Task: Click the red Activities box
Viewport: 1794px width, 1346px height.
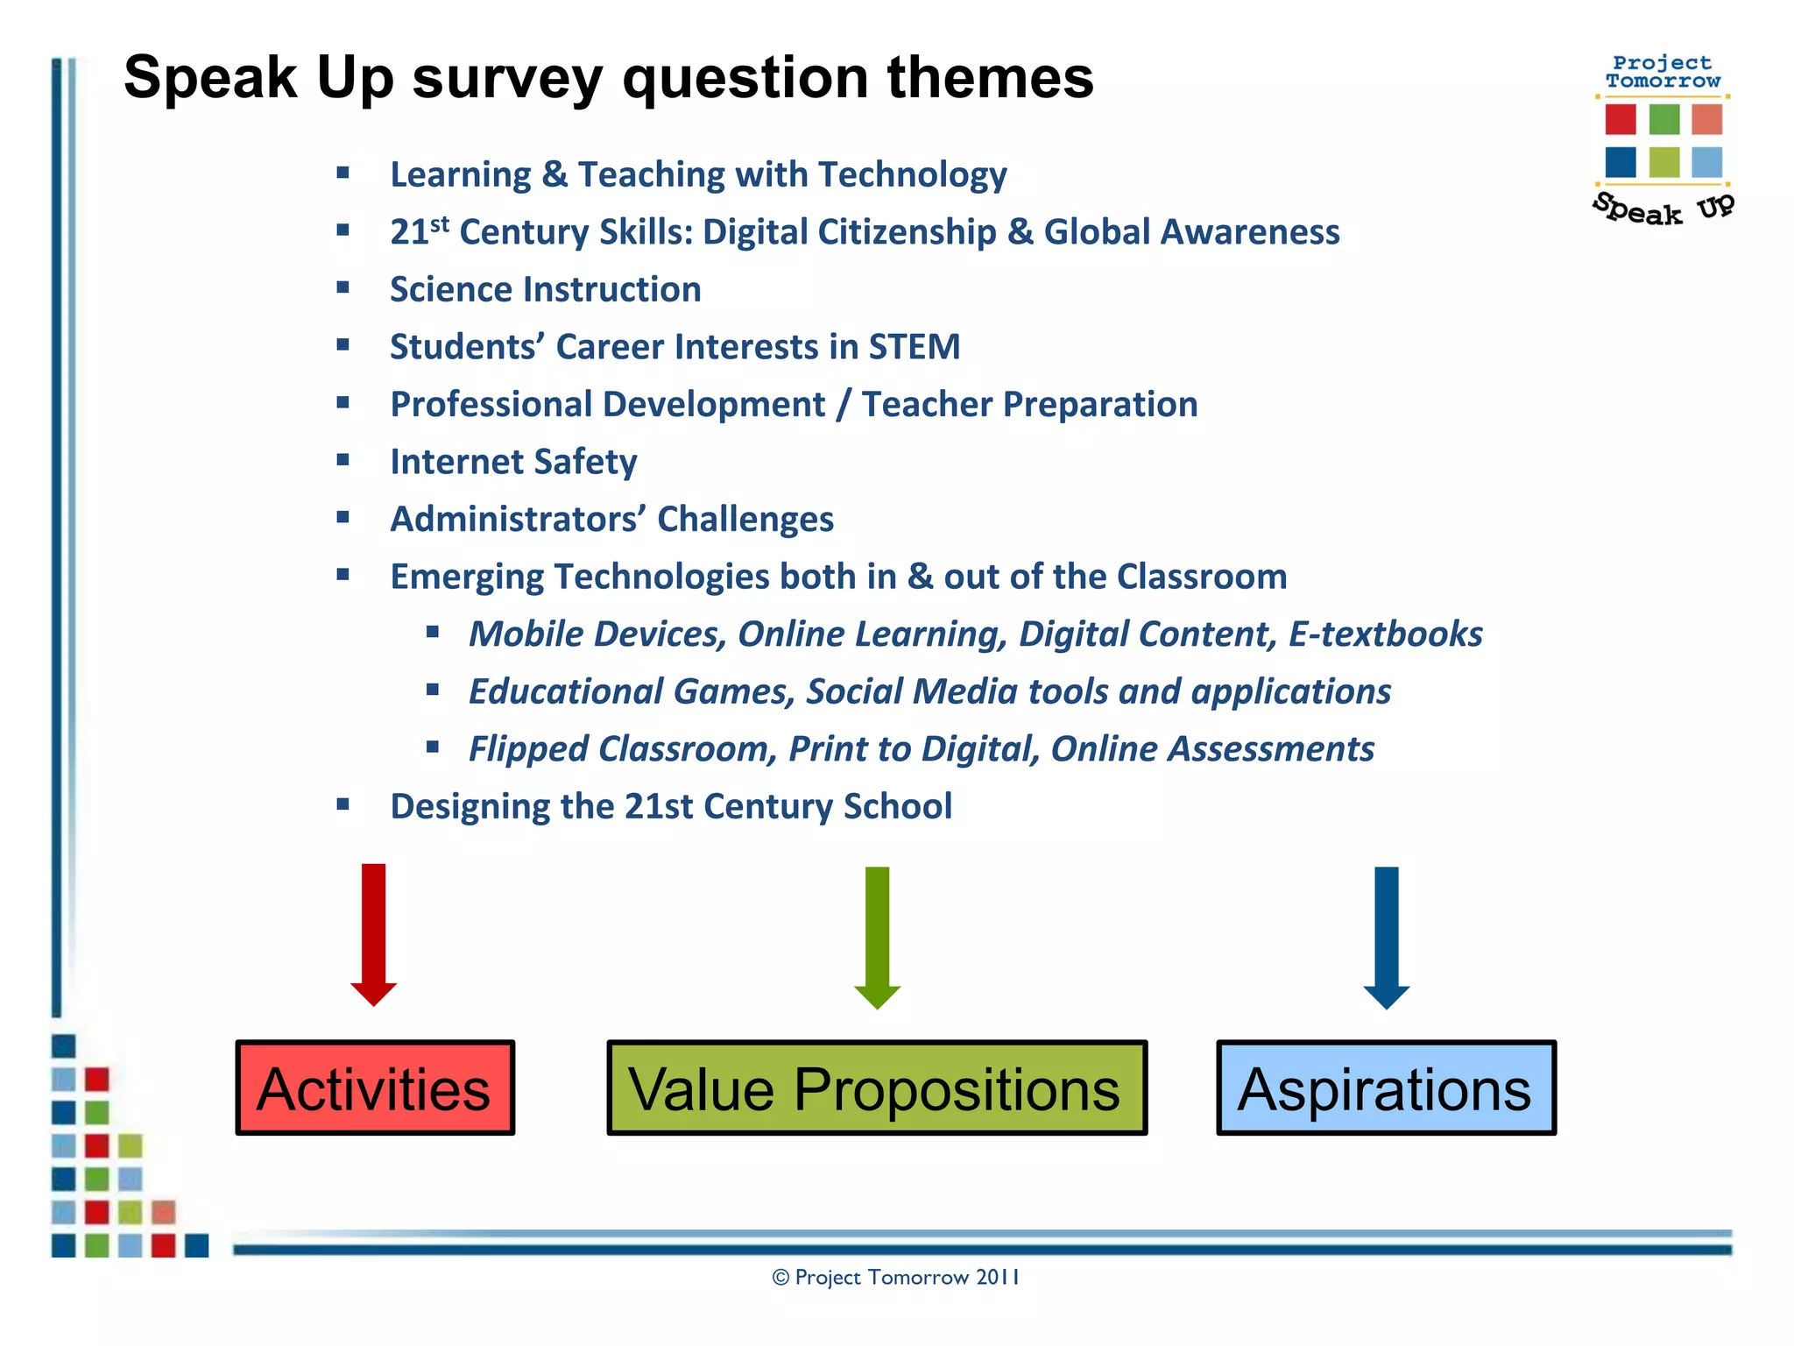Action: pyautogui.click(x=375, y=1087)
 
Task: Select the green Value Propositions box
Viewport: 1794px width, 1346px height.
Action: pyautogui.click(x=876, y=1087)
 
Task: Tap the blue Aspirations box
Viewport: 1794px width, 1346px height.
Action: pyautogui.click(x=1386, y=1087)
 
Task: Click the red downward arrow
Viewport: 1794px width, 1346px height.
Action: pyautogui.click(x=374, y=933)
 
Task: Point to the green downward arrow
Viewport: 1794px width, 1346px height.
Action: pyautogui.click(x=877, y=936)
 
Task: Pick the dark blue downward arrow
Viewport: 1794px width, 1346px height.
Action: pyautogui.click(x=1387, y=936)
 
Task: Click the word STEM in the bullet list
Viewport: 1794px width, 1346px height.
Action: pyautogui.click(x=915, y=347)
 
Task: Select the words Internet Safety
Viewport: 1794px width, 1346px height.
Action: pyautogui.click(x=513, y=462)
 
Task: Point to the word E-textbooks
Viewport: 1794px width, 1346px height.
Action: pyautogui.click(x=1385, y=634)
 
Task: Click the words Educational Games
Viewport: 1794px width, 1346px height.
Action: pyautogui.click(x=631, y=691)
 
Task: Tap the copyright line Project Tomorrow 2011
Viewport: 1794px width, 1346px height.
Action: pyautogui.click(x=896, y=1278)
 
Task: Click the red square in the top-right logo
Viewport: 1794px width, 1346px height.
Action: pyautogui.click(x=1621, y=119)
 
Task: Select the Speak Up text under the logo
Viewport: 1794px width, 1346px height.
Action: pyautogui.click(x=1662, y=209)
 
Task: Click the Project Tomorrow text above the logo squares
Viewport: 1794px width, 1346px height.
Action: pyautogui.click(x=1662, y=72)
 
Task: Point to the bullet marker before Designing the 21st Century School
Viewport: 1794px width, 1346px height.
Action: pyautogui.click(x=343, y=804)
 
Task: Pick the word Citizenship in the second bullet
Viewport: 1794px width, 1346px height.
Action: pyautogui.click(x=908, y=232)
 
